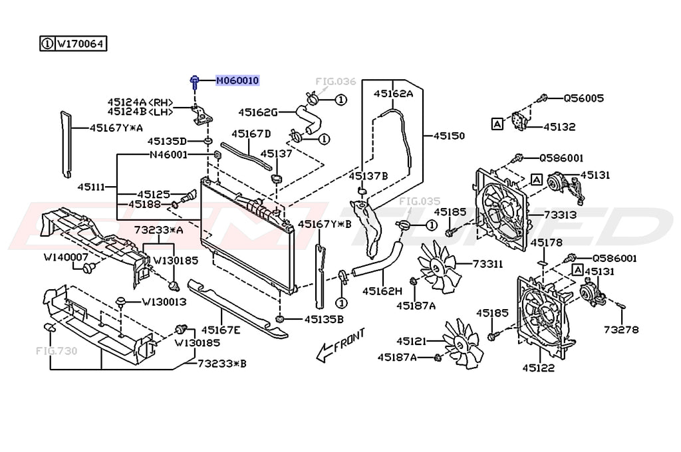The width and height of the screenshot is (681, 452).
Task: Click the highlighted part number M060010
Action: [237, 80]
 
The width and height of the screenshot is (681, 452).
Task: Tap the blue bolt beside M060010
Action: [195, 82]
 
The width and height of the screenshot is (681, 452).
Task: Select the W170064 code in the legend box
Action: [80, 44]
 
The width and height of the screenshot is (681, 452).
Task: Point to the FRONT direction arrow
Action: [341, 345]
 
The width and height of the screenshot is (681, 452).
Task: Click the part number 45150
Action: [449, 136]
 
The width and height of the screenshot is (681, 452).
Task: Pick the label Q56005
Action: [584, 98]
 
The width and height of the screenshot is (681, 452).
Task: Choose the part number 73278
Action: [621, 330]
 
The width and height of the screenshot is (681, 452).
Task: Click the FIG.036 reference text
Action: [336, 81]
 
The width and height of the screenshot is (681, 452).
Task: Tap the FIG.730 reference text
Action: [57, 350]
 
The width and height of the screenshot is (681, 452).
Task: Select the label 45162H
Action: [382, 291]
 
